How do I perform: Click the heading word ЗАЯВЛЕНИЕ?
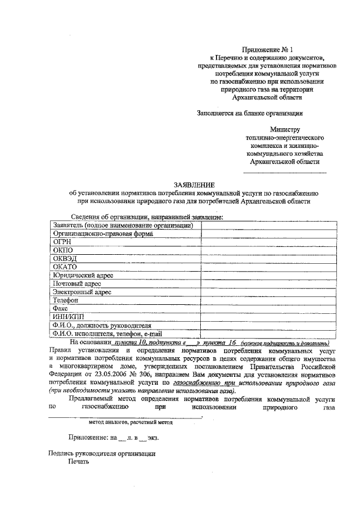pyautogui.click(x=193, y=184)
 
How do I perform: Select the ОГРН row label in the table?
pyautogui.click(x=63, y=241)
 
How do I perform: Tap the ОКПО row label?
pyautogui.click(x=62, y=250)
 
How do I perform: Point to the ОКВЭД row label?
pyautogui.click(x=65, y=258)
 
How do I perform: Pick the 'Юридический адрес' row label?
pyautogui.click(x=83, y=275)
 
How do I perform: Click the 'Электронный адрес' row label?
pyautogui.click(x=82, y=292)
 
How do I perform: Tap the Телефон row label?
pyautogui.click(x=66, y=300)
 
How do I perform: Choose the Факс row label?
pyautogui.click(x=61, y=309)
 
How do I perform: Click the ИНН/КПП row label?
pyautogui.click(x=68, y=317)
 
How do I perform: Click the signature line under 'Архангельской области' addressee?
pyautogui.click(x=285, y=172)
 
